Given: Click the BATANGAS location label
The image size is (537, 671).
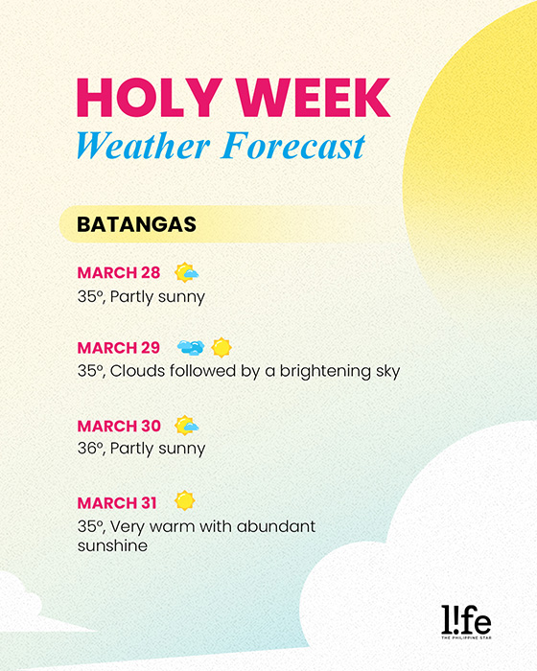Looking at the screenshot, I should (136, 224).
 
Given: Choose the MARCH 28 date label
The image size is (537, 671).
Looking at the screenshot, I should (119, 272).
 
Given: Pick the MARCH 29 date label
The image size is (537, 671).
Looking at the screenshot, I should (119, 346).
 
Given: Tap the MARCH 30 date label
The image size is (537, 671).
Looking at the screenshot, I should (119, 426).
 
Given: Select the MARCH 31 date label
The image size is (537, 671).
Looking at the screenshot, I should (119, 502).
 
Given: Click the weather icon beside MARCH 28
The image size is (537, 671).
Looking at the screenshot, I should (186, 272).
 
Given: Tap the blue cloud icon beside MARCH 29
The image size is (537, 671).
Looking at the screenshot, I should (191, 346).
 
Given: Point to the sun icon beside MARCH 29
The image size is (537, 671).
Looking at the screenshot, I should (222, 346).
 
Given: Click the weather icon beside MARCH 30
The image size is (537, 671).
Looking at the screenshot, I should (186, 426).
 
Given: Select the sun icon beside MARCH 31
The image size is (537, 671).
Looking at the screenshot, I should (185, 500).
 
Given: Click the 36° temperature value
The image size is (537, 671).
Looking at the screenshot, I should (88, 448).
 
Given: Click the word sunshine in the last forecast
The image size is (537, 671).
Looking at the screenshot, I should (112, 545).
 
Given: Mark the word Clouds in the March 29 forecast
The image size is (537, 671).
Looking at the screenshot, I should (139, 371).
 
